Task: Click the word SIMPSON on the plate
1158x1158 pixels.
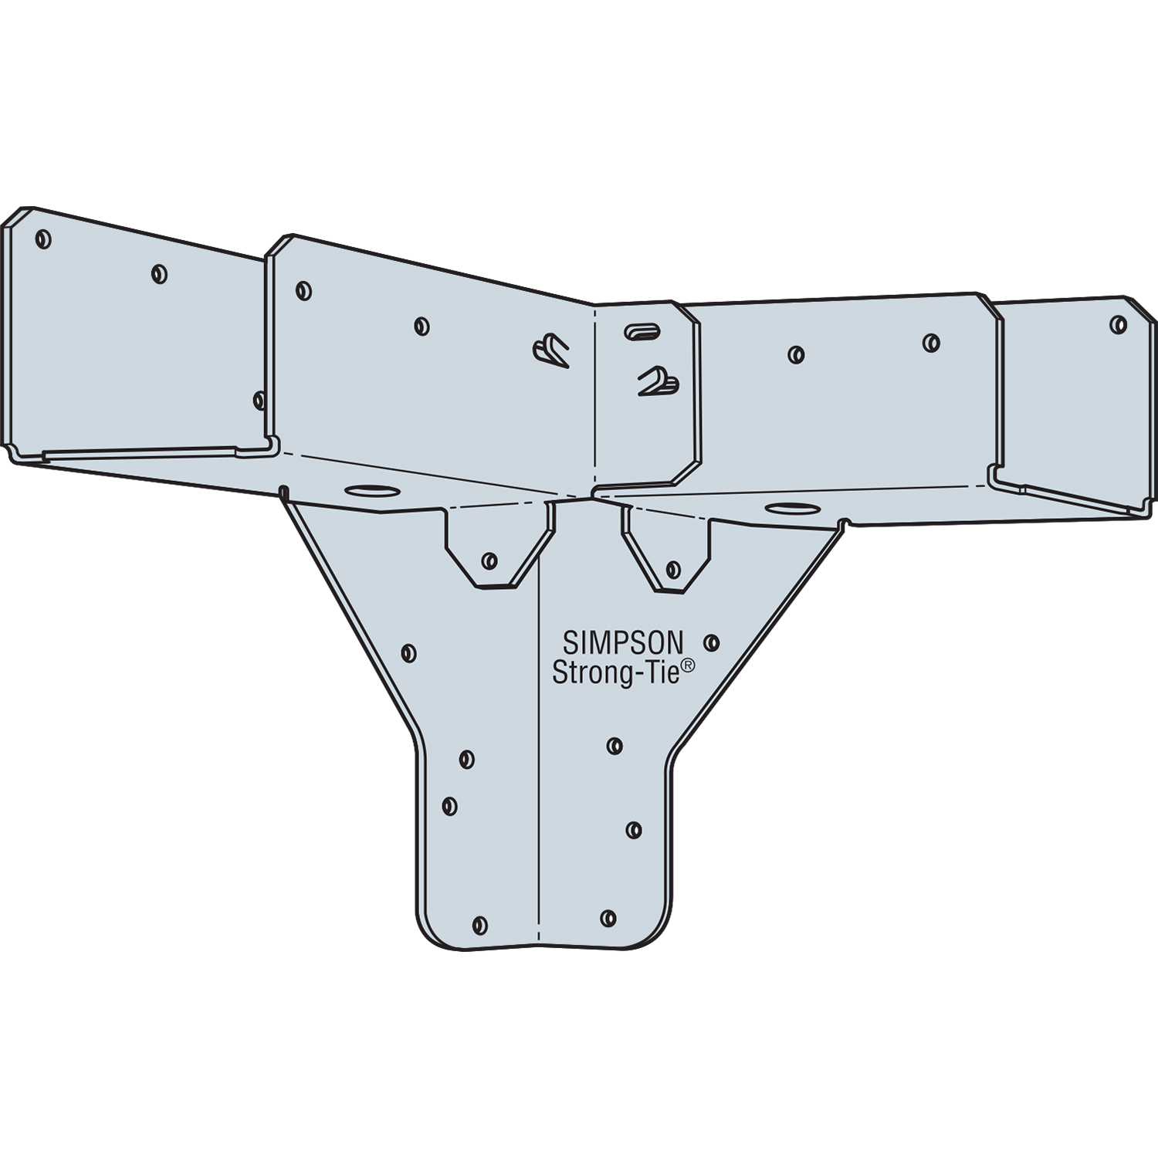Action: (x=622, y=643)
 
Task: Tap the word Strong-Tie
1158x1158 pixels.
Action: (x=616, y=672)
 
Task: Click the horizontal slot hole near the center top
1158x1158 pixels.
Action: (x=642, y=330)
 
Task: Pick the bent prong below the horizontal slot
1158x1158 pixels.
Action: (x=658, y=381)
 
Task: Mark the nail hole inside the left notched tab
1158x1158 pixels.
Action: (x=489, y=560)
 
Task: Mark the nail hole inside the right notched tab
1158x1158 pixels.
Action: (x=673, y=570)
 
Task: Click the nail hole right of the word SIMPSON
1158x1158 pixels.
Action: (x=712, y=642)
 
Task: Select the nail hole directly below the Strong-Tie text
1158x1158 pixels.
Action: (x=615, y=746)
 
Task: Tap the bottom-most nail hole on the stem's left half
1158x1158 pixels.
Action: (x=479, y=925)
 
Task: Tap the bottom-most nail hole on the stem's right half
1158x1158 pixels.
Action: (x=608, y=918)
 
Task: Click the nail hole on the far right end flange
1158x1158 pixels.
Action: (x=1118, y=324)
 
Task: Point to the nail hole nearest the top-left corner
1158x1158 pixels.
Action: (x=44, y=239)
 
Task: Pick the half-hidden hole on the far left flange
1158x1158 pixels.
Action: (x=259, y=400)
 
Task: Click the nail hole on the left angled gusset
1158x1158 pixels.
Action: (x=409, y=654)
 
